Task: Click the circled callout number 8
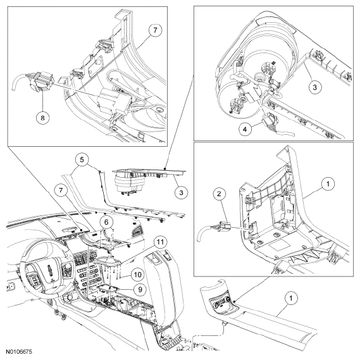click(x=42, y=118)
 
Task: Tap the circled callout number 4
click(x=245, y=129)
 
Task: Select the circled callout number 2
click(x=219, y=194)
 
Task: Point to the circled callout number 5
click(x=82, y=160)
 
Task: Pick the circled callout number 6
click(x=106, y=222)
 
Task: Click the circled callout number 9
click(x=140, y=289)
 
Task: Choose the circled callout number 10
click(x=137, y=275)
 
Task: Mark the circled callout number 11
click(x=161, y=242)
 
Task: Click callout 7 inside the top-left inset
click(x=155, y=30)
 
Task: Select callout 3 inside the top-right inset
click(x=314, y=87)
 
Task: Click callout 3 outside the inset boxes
click(x=182, y=192)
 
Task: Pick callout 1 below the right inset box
click(x=291, y=299)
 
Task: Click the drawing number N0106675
click(x=19, y=352)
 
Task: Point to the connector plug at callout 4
click(x=270, y=121)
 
